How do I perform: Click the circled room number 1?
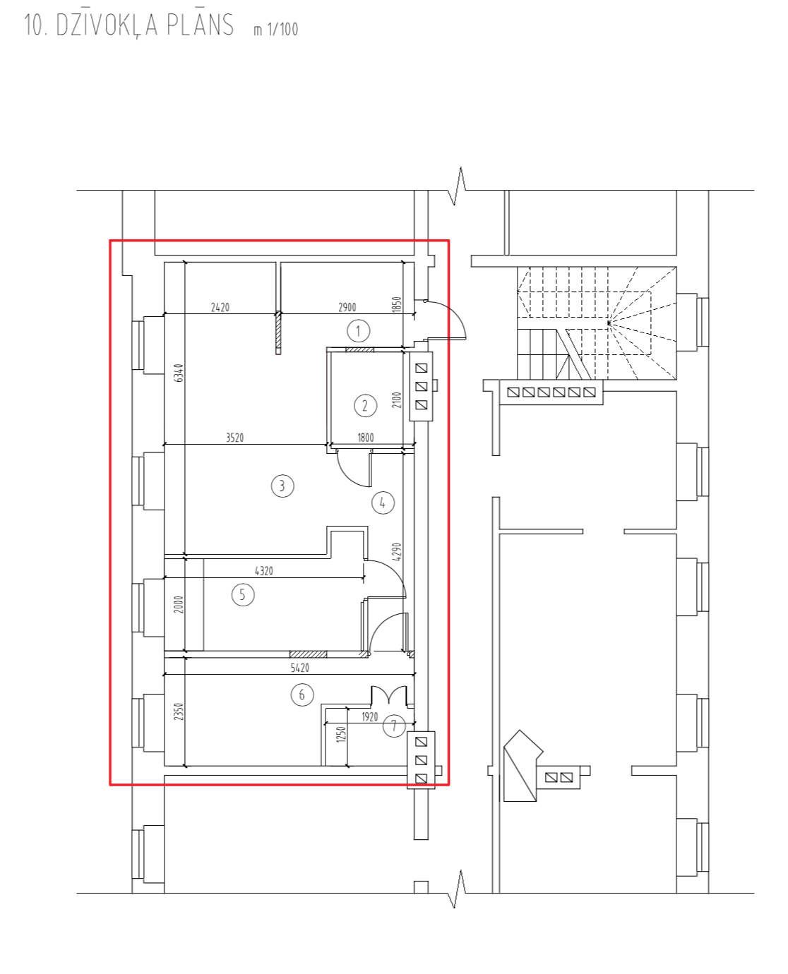(358, 330)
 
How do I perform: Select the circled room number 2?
(365, 406)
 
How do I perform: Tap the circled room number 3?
(282, 486)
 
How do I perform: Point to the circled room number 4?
(382, 503)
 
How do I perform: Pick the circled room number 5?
(242, 594)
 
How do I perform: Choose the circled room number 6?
(302, 695)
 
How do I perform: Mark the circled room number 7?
(394, 726)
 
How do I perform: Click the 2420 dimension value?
(220, 307)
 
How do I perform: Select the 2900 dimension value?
(347, 307)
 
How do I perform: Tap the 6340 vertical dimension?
(179, 373)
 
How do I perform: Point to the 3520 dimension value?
(234, 438)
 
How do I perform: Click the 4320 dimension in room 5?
(264, 571)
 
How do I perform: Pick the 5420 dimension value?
(300, 668)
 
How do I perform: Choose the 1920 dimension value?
(369, 716)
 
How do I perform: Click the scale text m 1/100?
(276, 29)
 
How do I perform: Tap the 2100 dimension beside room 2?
(397, 399)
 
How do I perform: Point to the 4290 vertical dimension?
(397, 552)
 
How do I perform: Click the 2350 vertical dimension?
(179, 711)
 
